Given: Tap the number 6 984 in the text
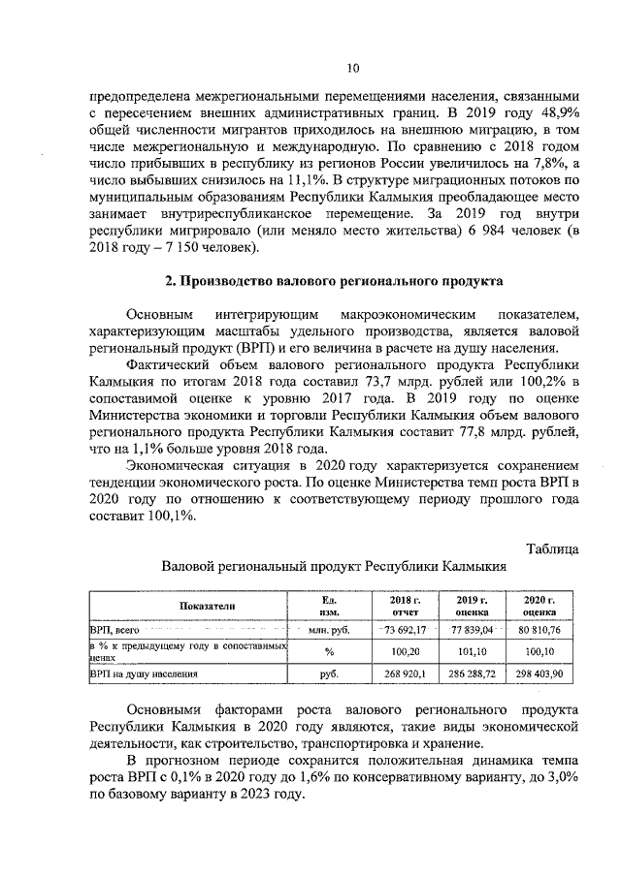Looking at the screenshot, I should pyautogui.click(x=496, y=230).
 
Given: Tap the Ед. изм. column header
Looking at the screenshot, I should pyautogui.click(x=328, y=606).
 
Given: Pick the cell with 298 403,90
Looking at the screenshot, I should pyautogui.click(x=533, y=672).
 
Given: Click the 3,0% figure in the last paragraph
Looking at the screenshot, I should pyautogui.click(x=563, y=776).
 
